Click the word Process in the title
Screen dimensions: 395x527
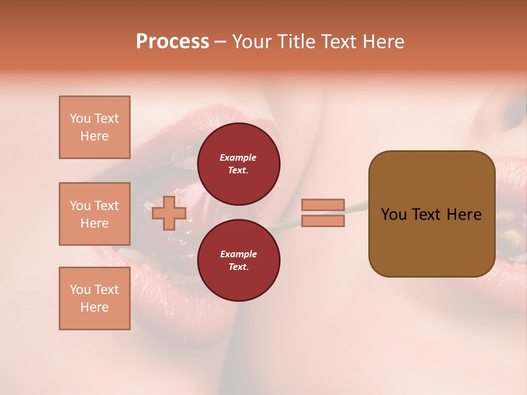click(172, 42)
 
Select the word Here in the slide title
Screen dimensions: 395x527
click(382, 42)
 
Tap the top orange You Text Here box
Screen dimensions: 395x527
click(94, 127)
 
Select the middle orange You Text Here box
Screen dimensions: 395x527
click(94, 214)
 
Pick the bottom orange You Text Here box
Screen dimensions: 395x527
click(94, 298)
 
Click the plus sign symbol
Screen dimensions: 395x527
click(169, 213)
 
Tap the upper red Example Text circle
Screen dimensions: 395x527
click(238, 164)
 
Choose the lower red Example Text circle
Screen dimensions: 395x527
click(238, 260)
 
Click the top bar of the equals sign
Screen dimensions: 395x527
click(323, 205)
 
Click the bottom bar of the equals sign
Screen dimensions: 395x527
click(323, 221)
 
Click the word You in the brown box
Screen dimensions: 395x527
click(394, 215)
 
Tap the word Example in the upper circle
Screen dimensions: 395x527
click(238, 158)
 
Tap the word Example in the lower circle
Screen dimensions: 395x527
click(238, 254)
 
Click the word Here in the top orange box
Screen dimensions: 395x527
click(94, 136)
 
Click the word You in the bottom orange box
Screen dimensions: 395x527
click(80, 290)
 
